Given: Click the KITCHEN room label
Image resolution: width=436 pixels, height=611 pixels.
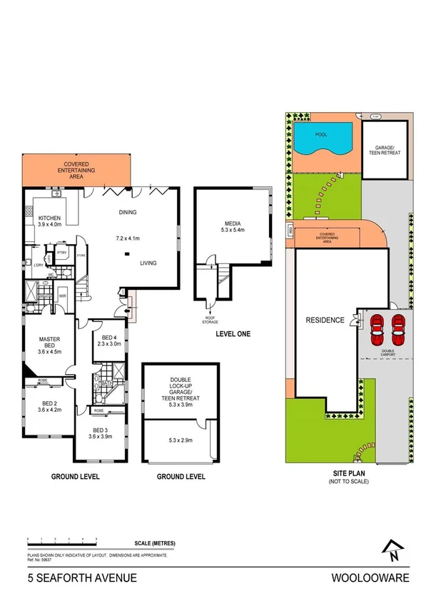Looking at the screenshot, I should (x=49, y=218).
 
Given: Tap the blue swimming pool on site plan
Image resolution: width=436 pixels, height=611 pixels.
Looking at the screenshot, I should (x=324, y=137).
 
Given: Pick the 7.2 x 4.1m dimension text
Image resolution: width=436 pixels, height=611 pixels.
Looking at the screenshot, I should (x=128, y=238).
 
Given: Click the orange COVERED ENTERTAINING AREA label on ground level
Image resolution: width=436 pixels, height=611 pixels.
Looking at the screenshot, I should (x=76, y=168).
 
